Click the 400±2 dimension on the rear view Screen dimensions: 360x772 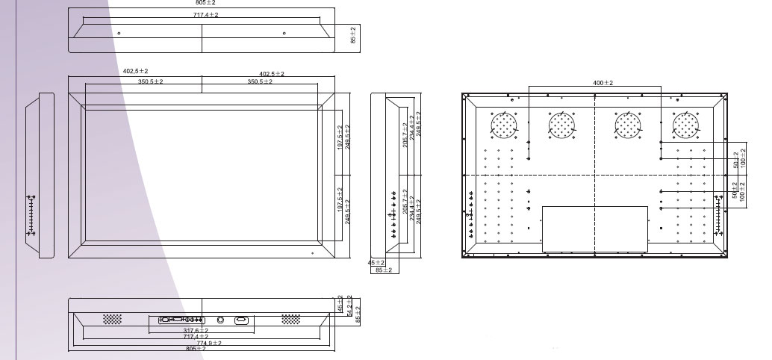coord(603,83)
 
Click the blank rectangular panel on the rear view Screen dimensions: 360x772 coord(594,229)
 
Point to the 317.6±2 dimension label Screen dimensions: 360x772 coord(196,330)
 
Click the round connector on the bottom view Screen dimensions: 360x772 coord(221,320)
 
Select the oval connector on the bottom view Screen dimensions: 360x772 coord(242,320)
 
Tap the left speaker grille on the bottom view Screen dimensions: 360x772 coord(112,319)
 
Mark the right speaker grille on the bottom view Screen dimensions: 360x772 coord(291,319)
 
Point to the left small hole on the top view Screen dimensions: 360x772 coord(119,34)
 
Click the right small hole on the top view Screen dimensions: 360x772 coord(284,34)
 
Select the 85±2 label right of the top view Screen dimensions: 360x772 coord(353,34)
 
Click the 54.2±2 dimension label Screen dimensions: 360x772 coord(349,307)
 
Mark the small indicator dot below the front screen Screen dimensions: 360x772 coord(312,253)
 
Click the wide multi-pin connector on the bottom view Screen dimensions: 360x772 coord(181,320)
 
